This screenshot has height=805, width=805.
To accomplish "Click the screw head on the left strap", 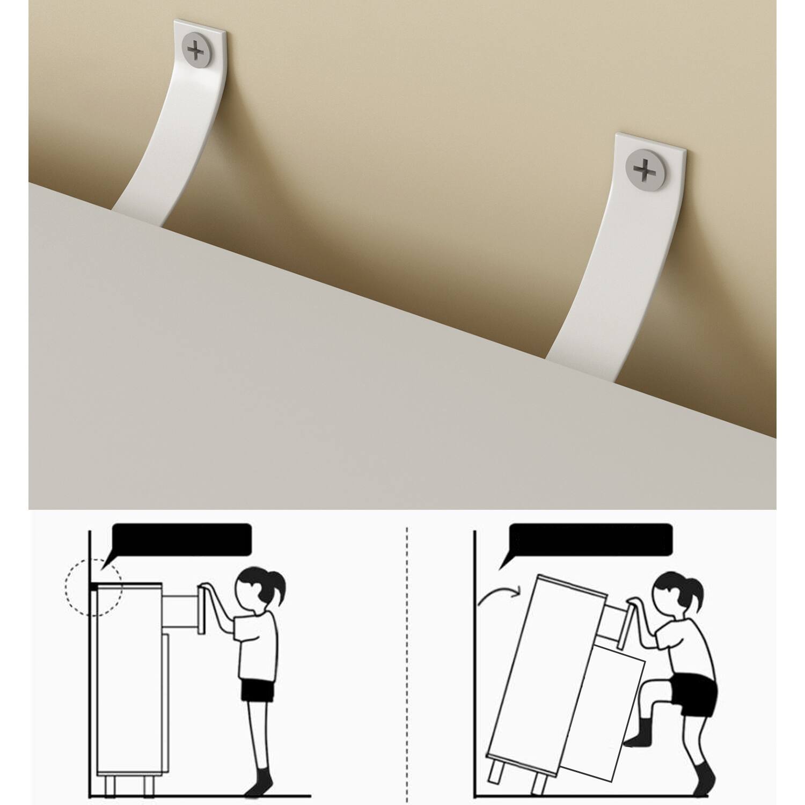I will (x=197, y=51).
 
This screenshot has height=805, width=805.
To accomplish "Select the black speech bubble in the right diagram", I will (x=590, y=539).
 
